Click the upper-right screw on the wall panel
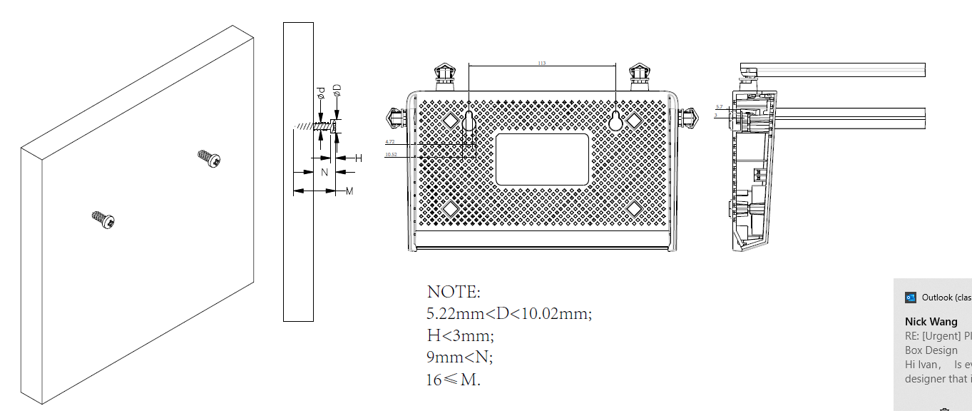point(209,158)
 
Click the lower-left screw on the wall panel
point(103,220)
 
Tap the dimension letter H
point(359,158)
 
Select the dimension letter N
point(324,172)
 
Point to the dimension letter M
point(349,191)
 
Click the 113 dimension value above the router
point(542,64)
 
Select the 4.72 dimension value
point(389,142)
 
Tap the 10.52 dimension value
point(391,154)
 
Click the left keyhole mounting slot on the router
point(469,123)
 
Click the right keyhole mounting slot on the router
point(616,122)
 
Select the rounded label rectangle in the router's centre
point(543,159)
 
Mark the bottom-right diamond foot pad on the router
point(634,208)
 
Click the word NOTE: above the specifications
point(454,292)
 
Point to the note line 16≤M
point(454,379)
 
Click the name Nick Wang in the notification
point(931,322)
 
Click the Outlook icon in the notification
point(910,298)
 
